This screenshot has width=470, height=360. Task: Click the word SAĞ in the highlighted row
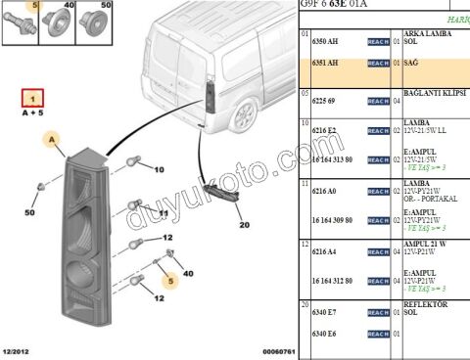[x=410, y=62]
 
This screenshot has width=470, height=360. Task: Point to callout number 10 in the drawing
[x=159, y=169]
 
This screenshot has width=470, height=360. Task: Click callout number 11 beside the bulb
[x=164, y=212]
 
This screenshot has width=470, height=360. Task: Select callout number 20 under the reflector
[x=244, y=224]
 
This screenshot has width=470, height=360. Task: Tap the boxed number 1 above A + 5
[x=33, y=99]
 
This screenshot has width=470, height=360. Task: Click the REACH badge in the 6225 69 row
[x=378, y=101]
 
